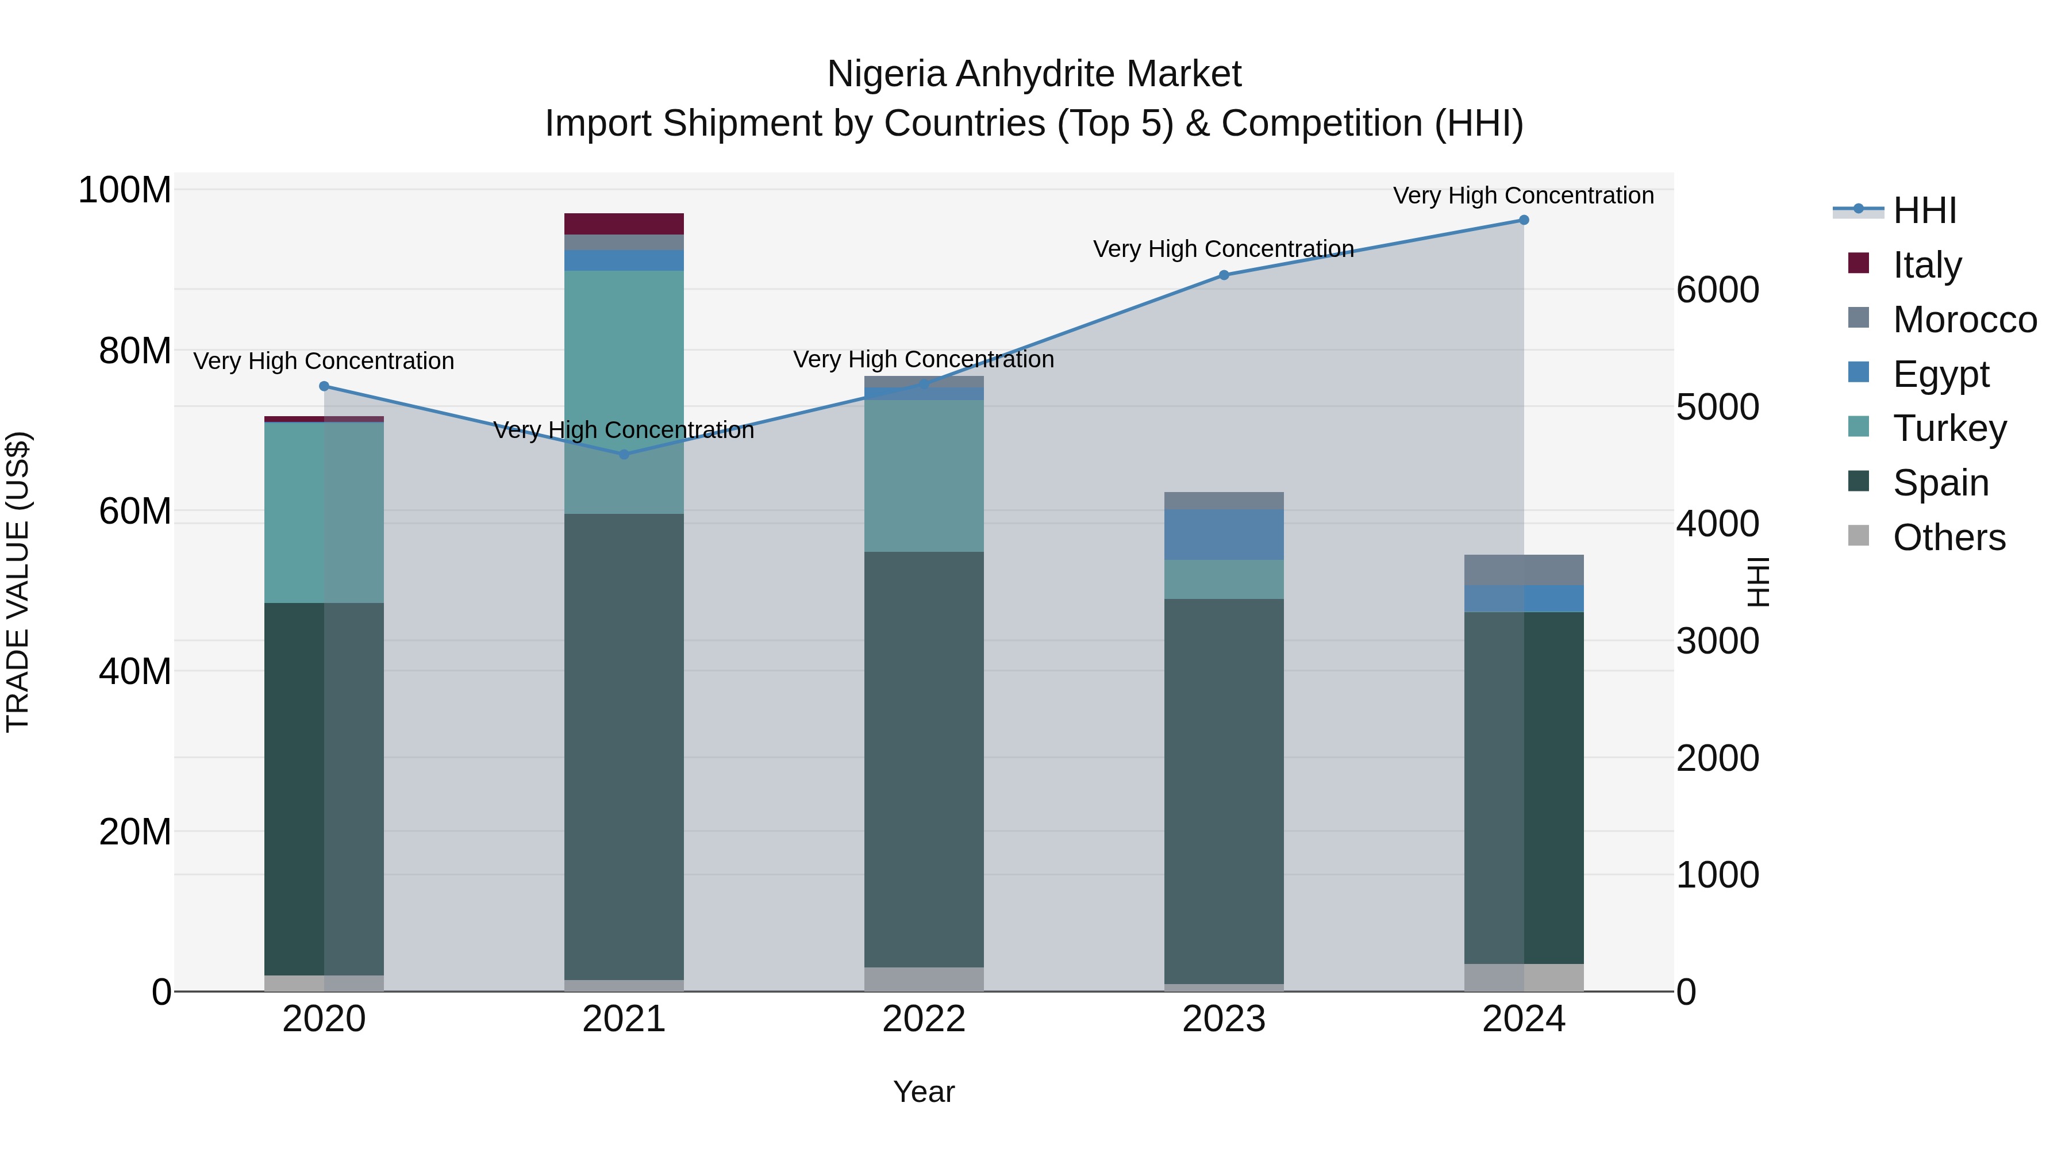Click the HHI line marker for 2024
pos(1524,220)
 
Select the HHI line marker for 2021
pos(624,455)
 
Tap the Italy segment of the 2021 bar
pos(624,224)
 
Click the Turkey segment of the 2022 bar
pos(924,475)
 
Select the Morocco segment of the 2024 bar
pos(1524,570)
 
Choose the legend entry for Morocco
pos(1964,320)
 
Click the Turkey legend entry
pos(1949,428)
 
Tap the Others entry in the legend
pos(1948,537)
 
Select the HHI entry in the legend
pos(1924,210)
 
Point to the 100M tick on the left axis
pos(125,190)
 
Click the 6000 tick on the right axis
pos(1717,290)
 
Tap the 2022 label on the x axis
pos(924,1019)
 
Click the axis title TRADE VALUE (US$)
pos(18,582)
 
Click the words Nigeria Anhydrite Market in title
pos(1034,74)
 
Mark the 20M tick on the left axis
pos(135,831)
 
